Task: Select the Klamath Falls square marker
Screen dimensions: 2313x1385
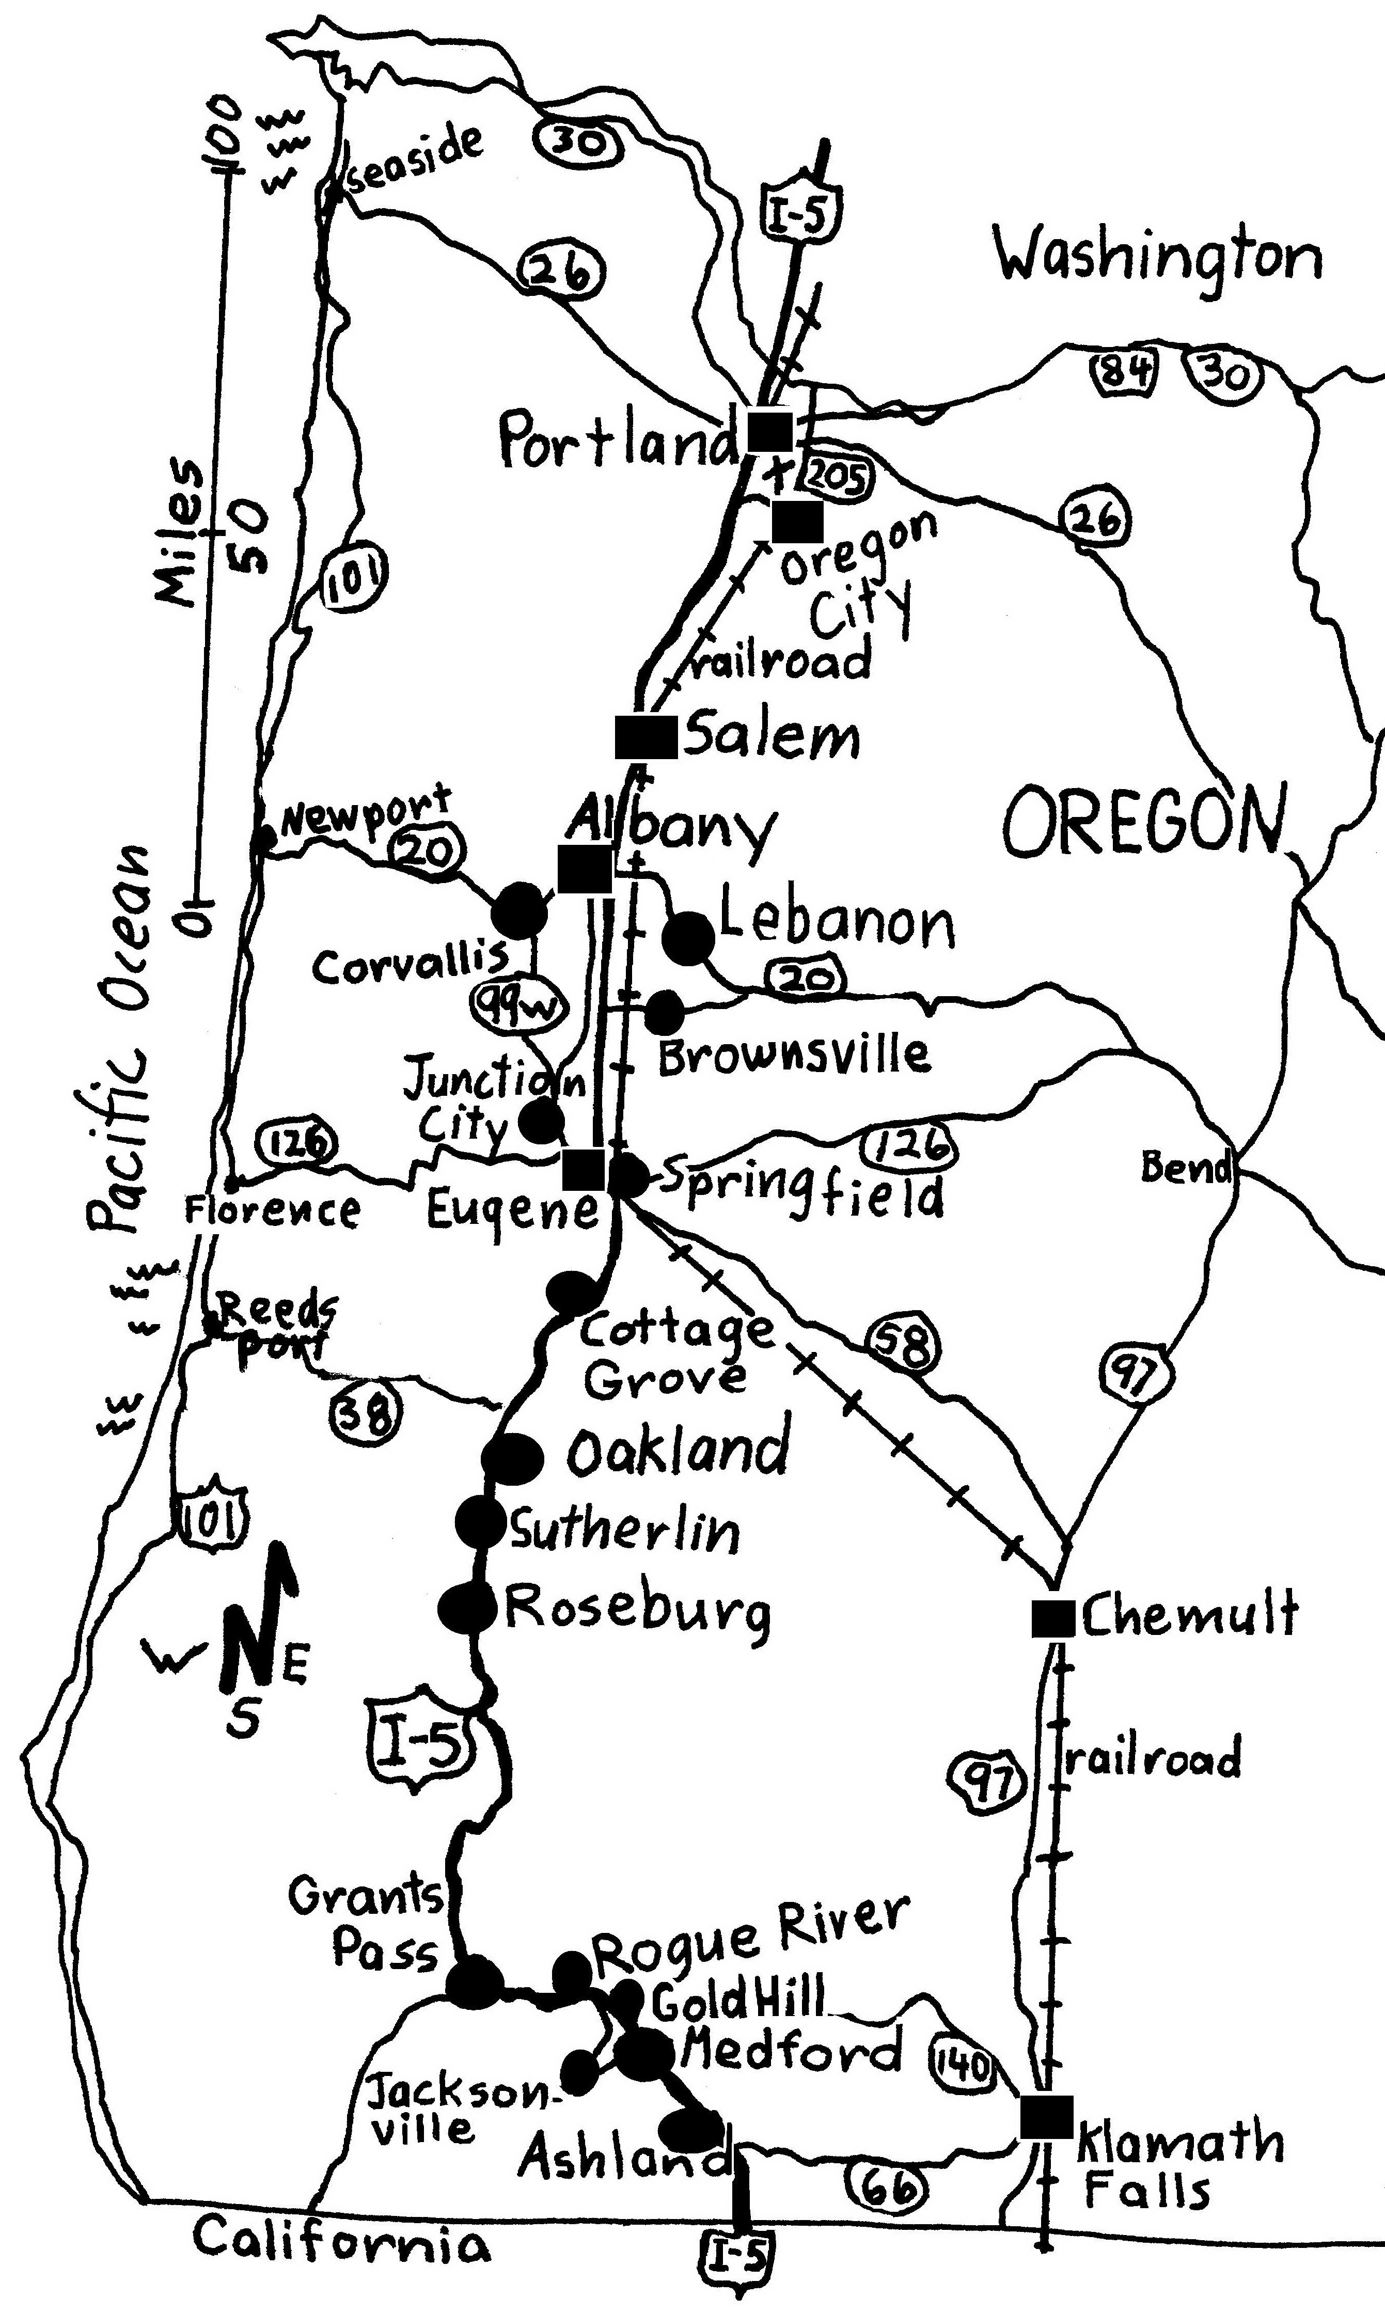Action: (1045, 2116)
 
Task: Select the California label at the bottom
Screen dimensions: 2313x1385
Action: (341, 2239)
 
